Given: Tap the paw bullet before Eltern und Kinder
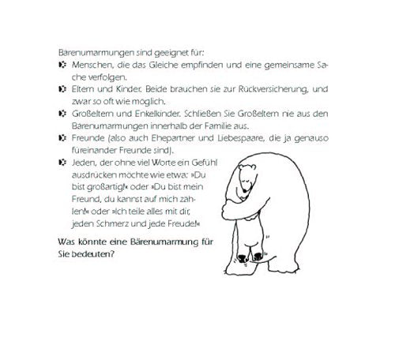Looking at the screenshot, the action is [62, 87].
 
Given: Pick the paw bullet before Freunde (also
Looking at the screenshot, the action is [62, 137].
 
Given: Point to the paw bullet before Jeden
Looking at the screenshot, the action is [62, 162].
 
